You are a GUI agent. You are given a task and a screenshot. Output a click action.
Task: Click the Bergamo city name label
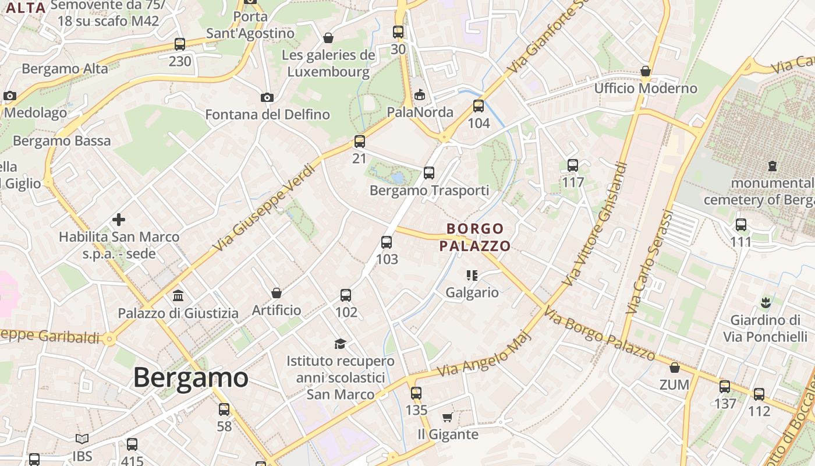point(191,377)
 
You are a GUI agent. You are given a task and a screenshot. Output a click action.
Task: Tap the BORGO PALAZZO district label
point(474,237)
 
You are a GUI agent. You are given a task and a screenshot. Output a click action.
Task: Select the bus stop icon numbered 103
point(387,242)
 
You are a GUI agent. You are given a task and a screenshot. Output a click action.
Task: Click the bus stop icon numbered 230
point(180,44)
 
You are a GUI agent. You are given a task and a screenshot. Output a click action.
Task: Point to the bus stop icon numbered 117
point(573,165)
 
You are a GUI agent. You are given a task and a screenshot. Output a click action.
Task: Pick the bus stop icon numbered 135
point(416,393)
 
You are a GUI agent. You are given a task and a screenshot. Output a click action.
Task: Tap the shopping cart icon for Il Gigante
point(447,417)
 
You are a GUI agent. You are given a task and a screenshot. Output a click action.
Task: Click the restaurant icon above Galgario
point(472,275)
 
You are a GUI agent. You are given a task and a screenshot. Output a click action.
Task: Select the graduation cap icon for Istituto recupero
point(340,344)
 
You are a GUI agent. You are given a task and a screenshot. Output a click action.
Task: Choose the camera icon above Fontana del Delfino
point(267,97)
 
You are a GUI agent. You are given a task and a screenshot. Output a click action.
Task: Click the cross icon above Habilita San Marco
point(119,220)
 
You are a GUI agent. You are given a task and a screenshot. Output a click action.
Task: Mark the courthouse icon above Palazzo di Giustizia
point(178,296)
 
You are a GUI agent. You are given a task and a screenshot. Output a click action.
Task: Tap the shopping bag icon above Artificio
point(277,292)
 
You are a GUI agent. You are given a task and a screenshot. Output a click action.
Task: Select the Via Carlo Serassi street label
point(648,263)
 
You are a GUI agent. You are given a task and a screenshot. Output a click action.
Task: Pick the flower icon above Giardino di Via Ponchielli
point(765,303)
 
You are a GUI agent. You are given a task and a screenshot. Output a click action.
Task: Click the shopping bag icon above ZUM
point(674,368)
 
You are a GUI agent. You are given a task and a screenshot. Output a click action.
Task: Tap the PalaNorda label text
point(420,112)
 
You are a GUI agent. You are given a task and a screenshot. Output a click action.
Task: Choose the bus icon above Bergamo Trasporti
point(429,173)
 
